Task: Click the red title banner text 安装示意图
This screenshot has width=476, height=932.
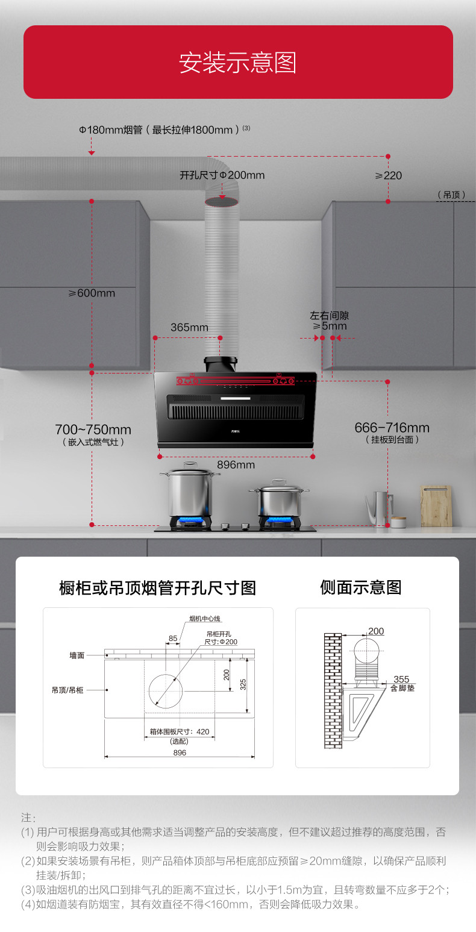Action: [x=237, y=63]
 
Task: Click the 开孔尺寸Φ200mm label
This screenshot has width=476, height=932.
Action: [x=222, y=175]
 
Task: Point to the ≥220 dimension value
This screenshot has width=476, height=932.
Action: [x=388, y=175]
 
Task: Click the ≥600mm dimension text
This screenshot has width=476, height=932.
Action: [x=91, y=293]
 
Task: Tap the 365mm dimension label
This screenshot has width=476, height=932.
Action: [x=189, y=327]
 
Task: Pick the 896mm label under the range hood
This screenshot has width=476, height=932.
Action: [x=236, y=464]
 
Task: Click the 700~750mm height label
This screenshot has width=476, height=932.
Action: [x=93, y=430]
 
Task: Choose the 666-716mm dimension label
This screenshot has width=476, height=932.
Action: [x=392, y=428]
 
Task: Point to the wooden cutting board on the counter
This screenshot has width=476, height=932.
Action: [x=436, y=505]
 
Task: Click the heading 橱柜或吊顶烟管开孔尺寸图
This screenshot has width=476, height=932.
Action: [x=158, y=587]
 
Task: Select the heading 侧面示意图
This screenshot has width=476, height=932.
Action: [x=361, y=587]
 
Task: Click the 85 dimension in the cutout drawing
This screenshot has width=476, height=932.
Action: [x=173, y=638]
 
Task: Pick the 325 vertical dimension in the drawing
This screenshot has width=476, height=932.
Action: [x=243, y=684]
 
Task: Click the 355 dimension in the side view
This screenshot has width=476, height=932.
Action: [x=401, y=679]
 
